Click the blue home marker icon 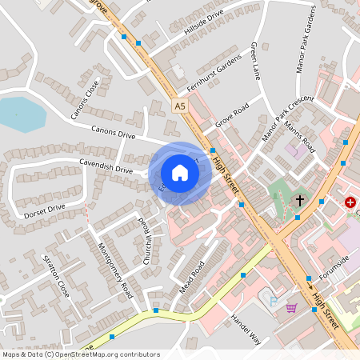coord(180,172)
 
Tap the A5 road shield coord(181,104)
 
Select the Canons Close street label coord(86,98)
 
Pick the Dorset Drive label coord(44,209)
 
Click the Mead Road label coord(192,276)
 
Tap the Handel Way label coord(246,328)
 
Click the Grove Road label coord(231,116)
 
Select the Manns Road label coord(307,136)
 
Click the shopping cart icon coord(291,308)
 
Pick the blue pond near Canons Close coord(22,114)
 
